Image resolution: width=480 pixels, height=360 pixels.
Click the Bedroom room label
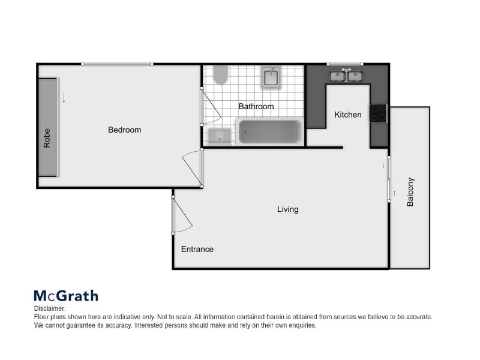[x=124, y=130]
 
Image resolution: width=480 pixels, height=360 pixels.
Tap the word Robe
[x=47, y=139]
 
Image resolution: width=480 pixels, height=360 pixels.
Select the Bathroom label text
[x=256, y=107]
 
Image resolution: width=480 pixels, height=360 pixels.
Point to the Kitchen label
[x=348, y=115]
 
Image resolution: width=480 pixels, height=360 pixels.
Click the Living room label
[x=287, y=209]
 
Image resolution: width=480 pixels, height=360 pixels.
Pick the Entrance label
[x=197, y=249]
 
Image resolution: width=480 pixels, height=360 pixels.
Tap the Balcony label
[x=410, y=192]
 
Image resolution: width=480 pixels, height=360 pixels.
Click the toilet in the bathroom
[x=221, y=75]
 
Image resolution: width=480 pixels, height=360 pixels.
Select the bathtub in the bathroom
[x=269, y=132]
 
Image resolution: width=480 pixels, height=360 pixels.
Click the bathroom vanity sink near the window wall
[x=271, y=77]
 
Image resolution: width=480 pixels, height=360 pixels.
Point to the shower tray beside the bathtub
[x=220, y=136]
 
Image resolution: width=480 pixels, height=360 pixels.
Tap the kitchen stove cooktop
[x=378, y=113]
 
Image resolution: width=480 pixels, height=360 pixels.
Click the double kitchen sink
[x=347, y=76]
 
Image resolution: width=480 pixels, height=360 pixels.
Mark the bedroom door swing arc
[x=191, y=166]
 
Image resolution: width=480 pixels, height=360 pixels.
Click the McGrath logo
[x=65, y=295]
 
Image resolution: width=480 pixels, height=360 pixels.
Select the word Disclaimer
[x=49, y=308]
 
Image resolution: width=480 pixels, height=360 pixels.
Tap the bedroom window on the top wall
[x=117, y=64]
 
